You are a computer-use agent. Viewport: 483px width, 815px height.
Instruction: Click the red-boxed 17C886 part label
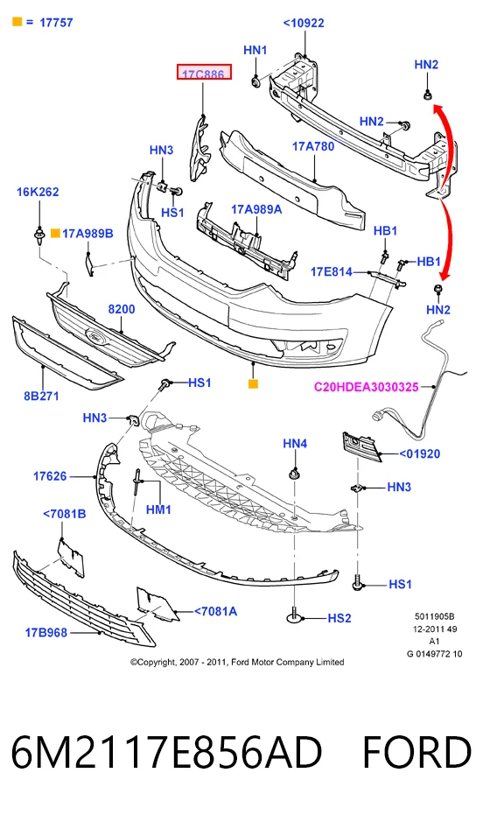coord(204,73)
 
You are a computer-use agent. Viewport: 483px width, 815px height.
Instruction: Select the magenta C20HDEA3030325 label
coord(366,387)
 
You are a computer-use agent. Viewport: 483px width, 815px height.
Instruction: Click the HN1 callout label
coord(255,50)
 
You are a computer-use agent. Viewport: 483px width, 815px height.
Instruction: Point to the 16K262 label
coord(38,192)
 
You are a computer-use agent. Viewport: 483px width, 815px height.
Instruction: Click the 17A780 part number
coord(313,146)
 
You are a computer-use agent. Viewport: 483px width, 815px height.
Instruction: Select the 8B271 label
coord(41,396)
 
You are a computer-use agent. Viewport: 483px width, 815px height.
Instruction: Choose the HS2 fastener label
coord(339,618)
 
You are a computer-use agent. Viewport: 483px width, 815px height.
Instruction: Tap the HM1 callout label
coord(159,509)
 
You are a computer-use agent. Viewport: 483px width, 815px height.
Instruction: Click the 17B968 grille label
coord(46,633)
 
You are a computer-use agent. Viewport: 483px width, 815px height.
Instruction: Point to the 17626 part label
coord(50,476)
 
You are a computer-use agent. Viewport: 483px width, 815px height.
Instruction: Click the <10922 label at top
coord(304,23)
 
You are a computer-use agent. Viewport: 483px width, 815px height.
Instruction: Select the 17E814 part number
coord(332,271)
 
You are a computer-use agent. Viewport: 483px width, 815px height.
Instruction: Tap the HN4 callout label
coord(295,443)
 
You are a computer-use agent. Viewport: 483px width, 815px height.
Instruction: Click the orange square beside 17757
coord(17,22)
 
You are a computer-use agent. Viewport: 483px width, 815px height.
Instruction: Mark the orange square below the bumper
coord(254,384)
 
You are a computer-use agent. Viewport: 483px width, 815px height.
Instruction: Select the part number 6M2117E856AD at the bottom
coord(166,753)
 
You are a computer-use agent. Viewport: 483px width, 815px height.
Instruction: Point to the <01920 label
coord(420,453)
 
